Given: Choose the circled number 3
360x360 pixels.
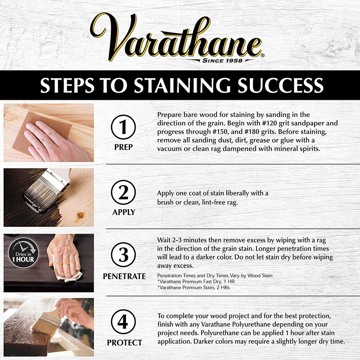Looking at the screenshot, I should (124, 257).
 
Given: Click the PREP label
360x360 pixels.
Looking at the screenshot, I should (124, 147).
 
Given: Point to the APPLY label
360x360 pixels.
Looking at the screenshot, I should (124, 212).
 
